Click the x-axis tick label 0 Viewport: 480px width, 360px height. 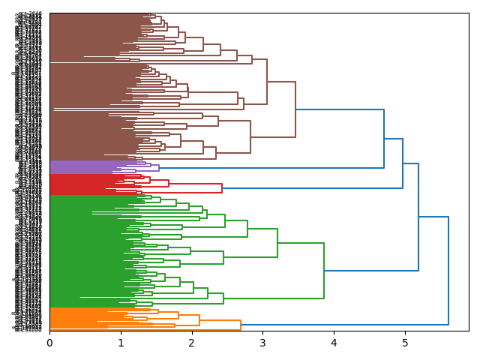point(49,343)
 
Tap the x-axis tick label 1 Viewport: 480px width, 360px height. point(121,343)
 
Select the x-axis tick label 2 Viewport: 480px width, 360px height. point(192,343)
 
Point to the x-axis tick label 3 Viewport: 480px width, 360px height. point(262,343)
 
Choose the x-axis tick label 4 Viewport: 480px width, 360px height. point(334,343)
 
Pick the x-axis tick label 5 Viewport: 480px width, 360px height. point(405,343)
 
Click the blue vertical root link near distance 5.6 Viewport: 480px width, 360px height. point(448,271)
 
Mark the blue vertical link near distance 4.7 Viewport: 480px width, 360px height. point(384,139)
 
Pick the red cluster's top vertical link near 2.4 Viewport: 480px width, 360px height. point(222,188)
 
